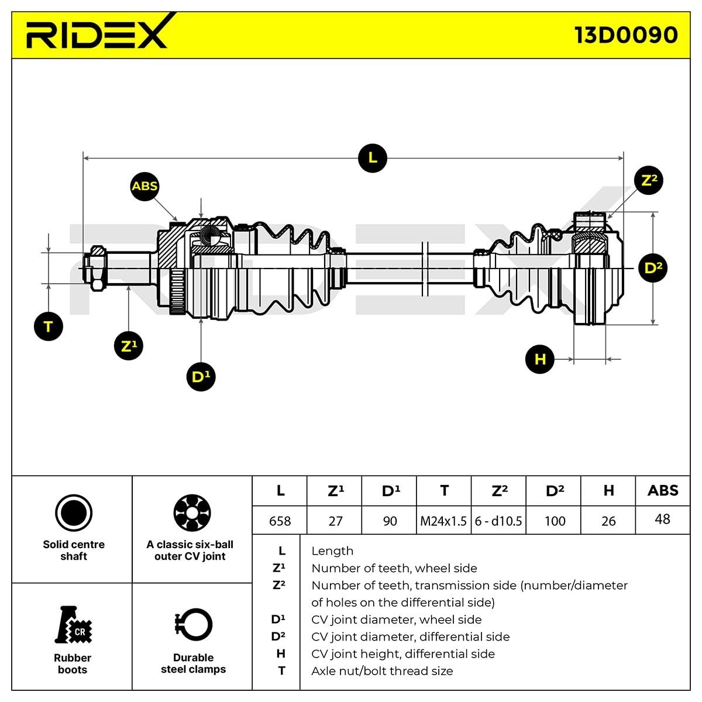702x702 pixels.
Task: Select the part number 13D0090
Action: coord(626,35)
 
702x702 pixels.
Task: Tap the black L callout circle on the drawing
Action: coord(372,158)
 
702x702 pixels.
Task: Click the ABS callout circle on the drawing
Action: coord(144,186)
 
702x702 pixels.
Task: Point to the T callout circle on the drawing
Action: coord(49,326)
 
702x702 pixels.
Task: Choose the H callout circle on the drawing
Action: coord(539,359)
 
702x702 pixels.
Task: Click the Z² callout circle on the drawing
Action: coord(649,180)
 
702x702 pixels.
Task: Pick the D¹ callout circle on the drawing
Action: coord(201,377)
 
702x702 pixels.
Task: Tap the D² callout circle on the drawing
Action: coord(652,268)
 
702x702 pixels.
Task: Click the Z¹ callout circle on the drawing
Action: coord(128,346)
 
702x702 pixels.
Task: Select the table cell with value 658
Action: coord(280,521)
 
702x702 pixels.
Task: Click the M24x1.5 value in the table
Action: coord(443,521)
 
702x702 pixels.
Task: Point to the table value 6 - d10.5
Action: coord(498,521)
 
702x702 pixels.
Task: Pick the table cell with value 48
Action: coord(662,519)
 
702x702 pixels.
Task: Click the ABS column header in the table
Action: coord(662,490)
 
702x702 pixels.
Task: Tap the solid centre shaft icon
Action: coord(74,513)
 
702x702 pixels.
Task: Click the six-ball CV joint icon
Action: coord(192,513)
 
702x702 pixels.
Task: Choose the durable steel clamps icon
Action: coord(193,625)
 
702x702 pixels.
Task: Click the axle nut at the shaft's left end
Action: coord(95,269)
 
